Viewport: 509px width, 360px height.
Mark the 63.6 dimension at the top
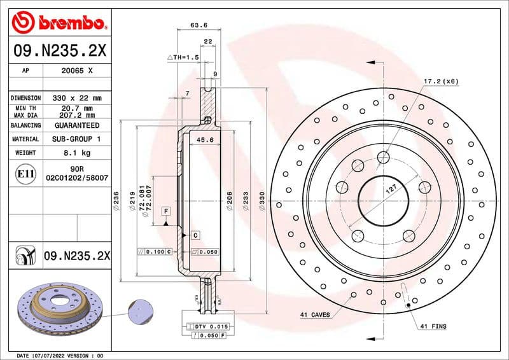click(199, 25)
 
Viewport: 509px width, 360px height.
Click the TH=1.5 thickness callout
click(184, 57)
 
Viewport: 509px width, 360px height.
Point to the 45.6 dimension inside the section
click(204, 140)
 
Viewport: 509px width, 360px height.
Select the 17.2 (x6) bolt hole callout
click(441, 81)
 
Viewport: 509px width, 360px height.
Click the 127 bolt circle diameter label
click(393, 189)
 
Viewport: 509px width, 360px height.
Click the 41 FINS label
click(433, 326)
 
